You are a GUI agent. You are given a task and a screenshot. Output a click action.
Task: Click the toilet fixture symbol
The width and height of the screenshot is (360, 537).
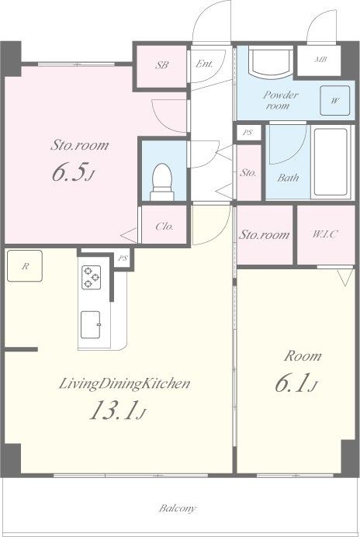[x=162, y=182]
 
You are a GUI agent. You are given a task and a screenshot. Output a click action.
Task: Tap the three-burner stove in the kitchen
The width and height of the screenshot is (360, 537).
[x=91, y=277]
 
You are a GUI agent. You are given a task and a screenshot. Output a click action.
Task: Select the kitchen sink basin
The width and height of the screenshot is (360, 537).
[x=91, y=324]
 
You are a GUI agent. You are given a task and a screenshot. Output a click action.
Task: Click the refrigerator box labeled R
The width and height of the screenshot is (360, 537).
[x=25, y=266]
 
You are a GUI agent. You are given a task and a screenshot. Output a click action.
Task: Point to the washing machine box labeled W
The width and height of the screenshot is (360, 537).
[x=335, y=100]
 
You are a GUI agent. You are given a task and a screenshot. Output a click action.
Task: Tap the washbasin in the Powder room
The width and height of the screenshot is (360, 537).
[x=272, y=62]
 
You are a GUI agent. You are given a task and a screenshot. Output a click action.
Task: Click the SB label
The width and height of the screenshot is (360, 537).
[x=162, y=65]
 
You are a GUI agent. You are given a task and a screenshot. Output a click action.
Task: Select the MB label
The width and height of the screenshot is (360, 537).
[x=320, y=59]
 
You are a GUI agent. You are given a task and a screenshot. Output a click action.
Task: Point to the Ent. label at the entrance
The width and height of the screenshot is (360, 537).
[x=204, y=64]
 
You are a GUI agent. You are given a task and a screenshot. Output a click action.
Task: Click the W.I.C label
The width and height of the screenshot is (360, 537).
[x=325, y=234]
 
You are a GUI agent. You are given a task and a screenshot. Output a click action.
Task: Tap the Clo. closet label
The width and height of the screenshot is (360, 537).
[x=164, y=227]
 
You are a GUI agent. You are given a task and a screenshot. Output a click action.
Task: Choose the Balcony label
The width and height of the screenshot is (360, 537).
[x=178, y=508]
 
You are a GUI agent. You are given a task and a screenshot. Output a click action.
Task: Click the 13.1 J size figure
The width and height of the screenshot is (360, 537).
[x=118, y=410]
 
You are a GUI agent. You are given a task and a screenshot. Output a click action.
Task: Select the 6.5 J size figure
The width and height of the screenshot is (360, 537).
[x=73, y=172]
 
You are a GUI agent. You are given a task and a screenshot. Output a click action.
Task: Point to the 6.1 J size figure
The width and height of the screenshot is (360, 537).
[x=296, y=383]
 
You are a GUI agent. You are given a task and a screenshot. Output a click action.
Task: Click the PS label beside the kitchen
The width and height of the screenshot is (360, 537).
[x=123, y=258]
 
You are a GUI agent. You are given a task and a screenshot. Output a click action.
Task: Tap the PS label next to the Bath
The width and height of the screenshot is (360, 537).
[x=247, y=133]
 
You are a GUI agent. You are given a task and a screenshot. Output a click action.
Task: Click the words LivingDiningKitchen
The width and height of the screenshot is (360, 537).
[x=125, y=383]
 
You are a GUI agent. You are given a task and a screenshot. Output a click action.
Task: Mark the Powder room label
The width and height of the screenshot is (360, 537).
[x=281, y=100]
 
